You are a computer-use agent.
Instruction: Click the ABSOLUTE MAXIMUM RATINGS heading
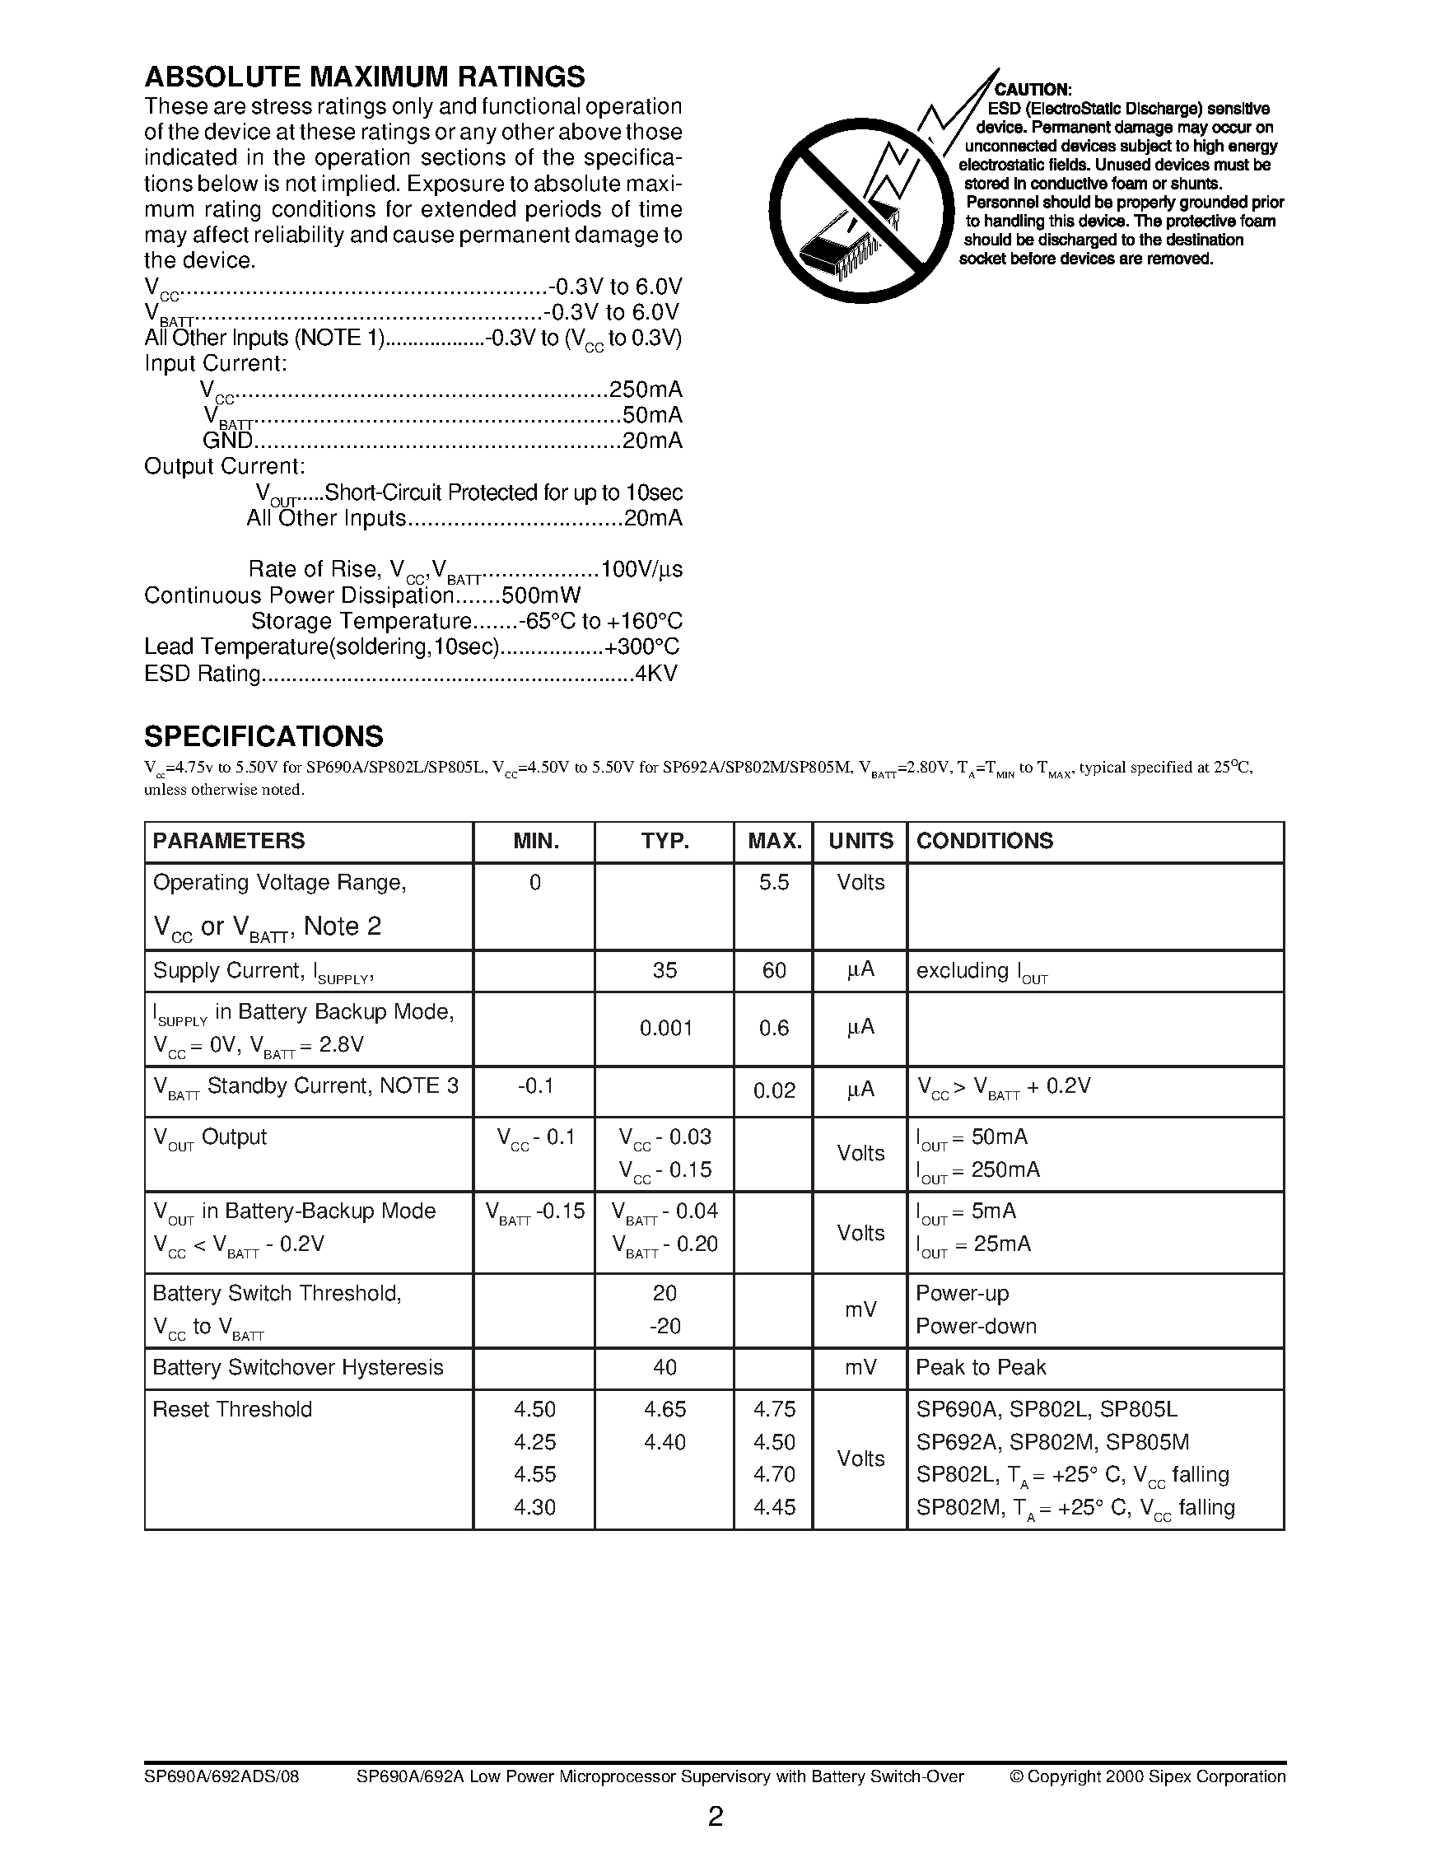coord(364,77)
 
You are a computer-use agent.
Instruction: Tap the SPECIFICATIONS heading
coord(263,735)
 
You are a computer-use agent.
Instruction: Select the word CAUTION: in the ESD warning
coord(1033,90)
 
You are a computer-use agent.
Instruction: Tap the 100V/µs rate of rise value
coord(641,569)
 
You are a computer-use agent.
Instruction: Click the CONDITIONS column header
coord(984,841)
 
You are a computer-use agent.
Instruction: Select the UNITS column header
coord(860,841)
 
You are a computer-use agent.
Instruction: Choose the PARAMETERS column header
coord(228,841)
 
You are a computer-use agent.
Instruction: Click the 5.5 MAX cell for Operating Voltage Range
coord(773,882)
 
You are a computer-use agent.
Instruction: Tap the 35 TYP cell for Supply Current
coord(665,971)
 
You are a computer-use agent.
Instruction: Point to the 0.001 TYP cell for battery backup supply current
coord(665,1029)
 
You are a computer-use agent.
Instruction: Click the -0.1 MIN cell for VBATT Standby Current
coord(534,1086)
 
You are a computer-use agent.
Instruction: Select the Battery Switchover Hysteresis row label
coord(298,1368)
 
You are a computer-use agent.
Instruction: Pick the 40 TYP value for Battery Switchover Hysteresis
coord(665,1368)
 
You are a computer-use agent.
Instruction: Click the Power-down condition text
coord(976,1326)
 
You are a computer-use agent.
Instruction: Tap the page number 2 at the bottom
coord(715,1817)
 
